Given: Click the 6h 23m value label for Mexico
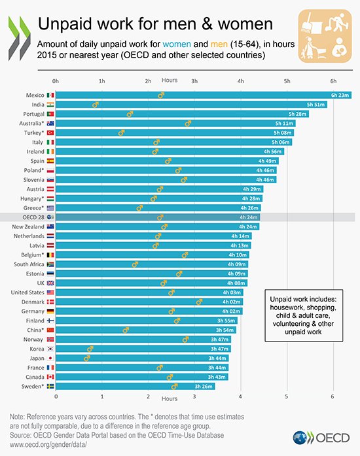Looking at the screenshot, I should (x=340, y=95).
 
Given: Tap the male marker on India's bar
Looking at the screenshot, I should (x=96, y=104).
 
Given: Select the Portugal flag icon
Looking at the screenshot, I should (x=50, y=114).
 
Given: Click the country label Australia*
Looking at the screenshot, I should (x=31, y=123).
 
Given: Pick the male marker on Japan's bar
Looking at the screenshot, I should (x=86, y=358).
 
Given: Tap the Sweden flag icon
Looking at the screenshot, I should (x=50, y=386).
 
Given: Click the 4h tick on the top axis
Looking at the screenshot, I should (x=241, y=80).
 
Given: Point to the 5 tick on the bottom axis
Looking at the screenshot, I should (x=287, y=396).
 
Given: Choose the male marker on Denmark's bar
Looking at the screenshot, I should (x=199, y=302).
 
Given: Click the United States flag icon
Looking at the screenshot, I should (x=50, y=292).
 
